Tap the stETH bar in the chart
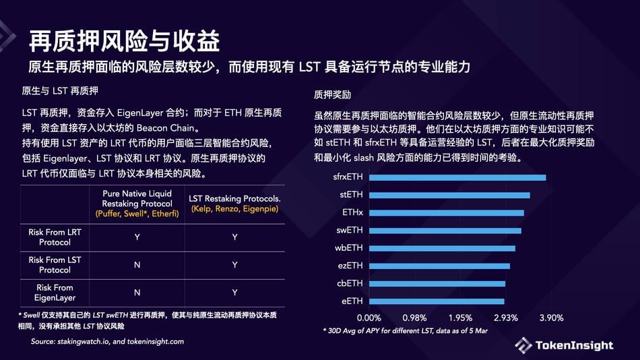coord(449,196)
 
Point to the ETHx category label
coord(352,213)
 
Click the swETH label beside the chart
coord(350,231)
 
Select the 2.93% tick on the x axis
coord(505,318)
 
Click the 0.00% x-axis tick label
coord(369,318)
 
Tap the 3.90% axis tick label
coord(550,318)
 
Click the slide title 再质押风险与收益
coord(124,42)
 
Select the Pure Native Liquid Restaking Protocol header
coord(137,203)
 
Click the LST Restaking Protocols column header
coord(234,204)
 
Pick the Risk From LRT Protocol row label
coord(55,237)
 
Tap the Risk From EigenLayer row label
coord(55,293)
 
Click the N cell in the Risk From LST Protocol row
coord(137,265)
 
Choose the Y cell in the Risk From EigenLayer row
coord(234,293)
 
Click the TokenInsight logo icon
coord(523,345)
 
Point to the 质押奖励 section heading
coord(332,94)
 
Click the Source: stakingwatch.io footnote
coord(107,342)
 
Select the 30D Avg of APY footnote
coord(405,331)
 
